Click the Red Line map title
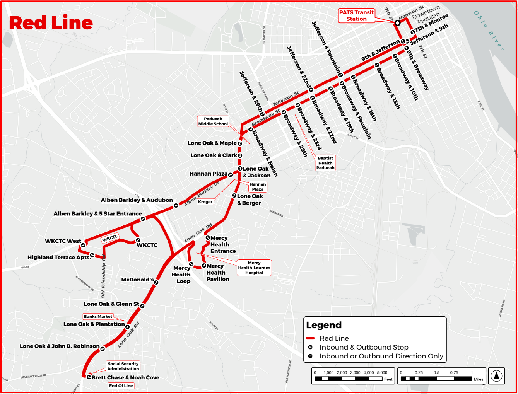tap(51, 23)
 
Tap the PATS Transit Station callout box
tap(356, 16)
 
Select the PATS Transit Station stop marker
tap(397, 23)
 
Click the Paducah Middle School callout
tap(213, 121)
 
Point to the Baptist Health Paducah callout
tap(325, 163)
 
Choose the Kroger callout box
tap(205, 202)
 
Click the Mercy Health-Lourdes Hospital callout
tap(254, 268)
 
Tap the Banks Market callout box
tap(98, 316)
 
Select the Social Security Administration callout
tap(123, 366)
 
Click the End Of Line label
tap(121, 385)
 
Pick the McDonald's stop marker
tap(156, 282)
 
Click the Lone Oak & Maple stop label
tap(212, 143)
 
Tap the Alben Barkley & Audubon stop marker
tap(176, 205)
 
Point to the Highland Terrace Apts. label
tap(59, 258)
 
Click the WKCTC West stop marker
tap(83, 245)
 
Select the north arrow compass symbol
tap(497, 375)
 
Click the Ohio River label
tap(489, 31)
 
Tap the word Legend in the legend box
tap(324, 325)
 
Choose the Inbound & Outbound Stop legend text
tap(364, 347)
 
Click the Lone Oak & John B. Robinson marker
tap(103, 349)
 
